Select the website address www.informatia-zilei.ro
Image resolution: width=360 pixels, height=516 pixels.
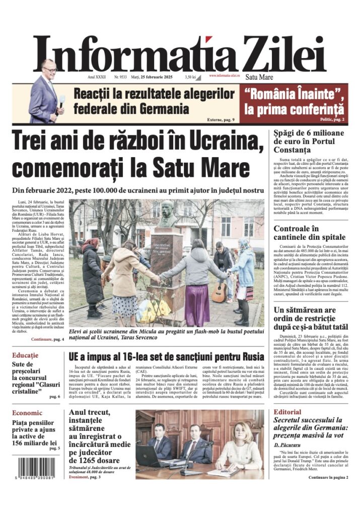[x=224, y=76]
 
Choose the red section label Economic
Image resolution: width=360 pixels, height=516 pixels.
[x=29, y=413]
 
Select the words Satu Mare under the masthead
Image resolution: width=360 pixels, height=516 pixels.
[x=259, y=78]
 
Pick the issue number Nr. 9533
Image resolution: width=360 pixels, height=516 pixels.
[x=122, y=77]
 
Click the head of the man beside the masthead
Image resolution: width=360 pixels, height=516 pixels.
[x=49, y=67]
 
